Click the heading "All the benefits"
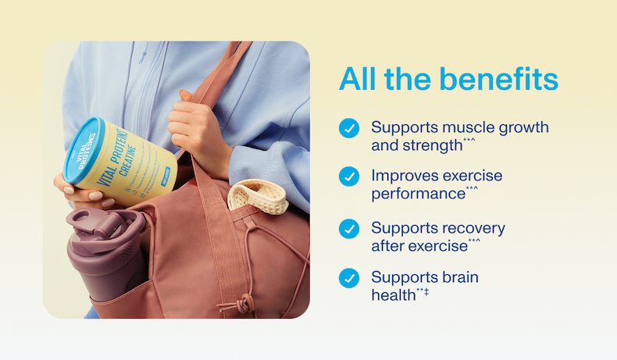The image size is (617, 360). click(448, 80)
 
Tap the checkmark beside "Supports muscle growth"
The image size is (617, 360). click(349, 127)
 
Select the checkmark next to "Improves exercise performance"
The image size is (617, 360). click(349, 176)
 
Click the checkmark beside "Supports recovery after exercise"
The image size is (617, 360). click(349, 228)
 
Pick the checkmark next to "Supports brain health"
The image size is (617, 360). click(349, 278)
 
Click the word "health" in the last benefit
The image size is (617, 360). click(394, 295)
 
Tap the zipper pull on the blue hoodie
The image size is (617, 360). click(142, 55)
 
